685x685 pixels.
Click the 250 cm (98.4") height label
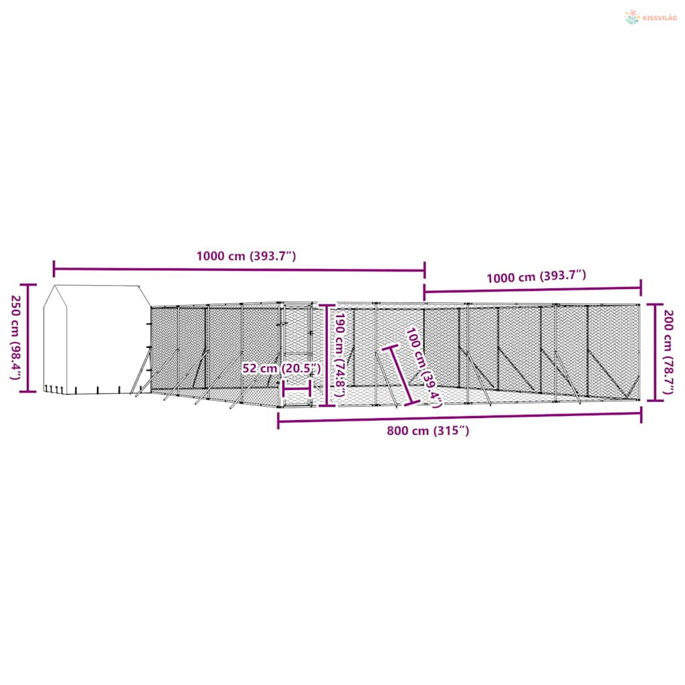click(x=16, y=338)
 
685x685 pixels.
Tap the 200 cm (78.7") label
click(x=668, y=352)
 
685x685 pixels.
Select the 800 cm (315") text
click(x=428, y=431)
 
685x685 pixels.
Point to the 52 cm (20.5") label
click(x=282, y=369)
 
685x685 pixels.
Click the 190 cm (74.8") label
click(x=340, y=355)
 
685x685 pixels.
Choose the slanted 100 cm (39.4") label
click(x=423, y=368)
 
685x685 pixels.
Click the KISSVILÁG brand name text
click(x=660, y=18)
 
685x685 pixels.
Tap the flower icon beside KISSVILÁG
click(x=632, y=17)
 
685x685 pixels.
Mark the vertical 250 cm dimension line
click(x=29, y=338)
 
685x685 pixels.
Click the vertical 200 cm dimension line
click(x=656, y=352)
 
